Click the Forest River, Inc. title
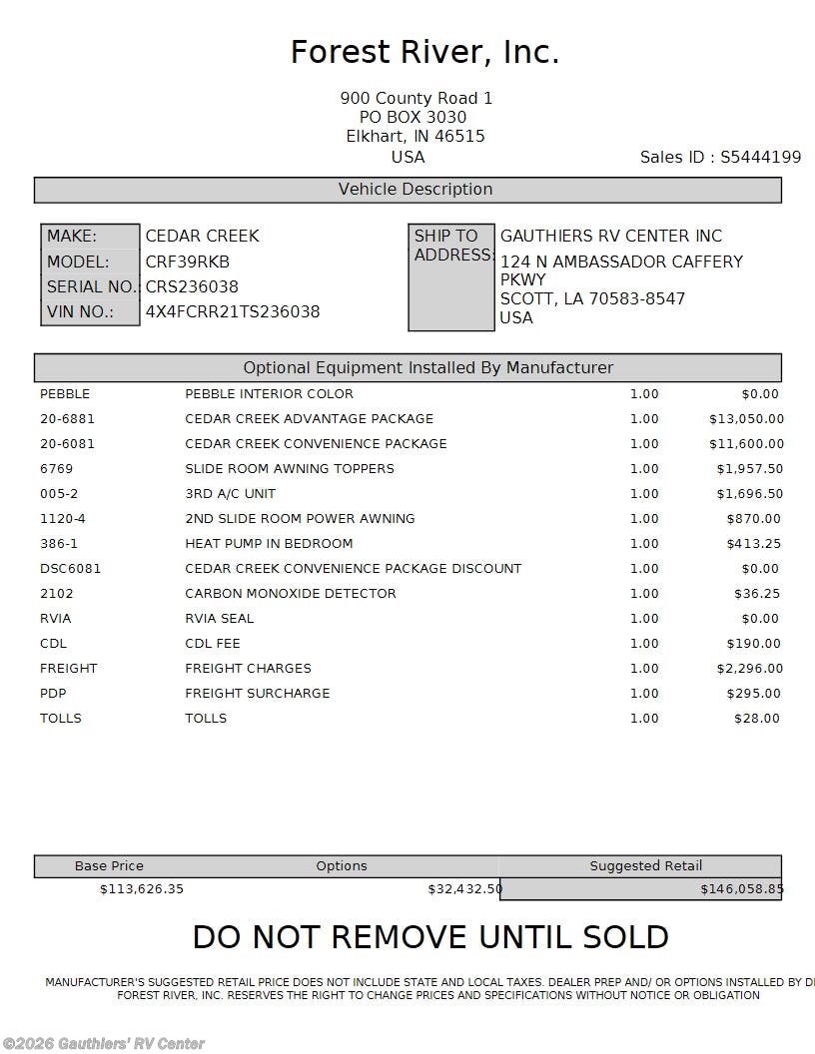(424, 52)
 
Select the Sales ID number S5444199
(760, 157)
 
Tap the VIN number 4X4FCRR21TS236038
(233, 311)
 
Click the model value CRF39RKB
(188, 262)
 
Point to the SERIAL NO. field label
(91, 286)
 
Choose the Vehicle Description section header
(415, 190)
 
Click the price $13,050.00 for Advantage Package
(746, 419)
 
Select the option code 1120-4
(63, 519)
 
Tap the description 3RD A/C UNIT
(230, 494)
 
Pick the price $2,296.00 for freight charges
(749, 669)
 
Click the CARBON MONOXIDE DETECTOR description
(291, 594)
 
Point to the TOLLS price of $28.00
(757, 719)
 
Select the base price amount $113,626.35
(142, 889)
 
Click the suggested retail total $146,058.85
(741, 889)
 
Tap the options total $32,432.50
(464, 889)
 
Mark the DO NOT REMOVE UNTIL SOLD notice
(430, 938)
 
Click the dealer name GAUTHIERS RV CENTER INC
(610, 237)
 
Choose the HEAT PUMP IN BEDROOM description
(269, 544)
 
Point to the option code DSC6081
(70, 569)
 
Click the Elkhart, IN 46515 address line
(415, 137)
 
